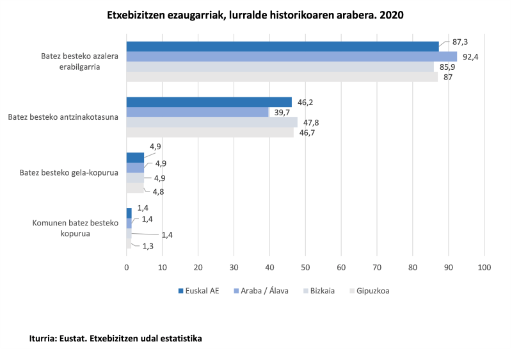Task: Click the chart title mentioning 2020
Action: click(255, 13)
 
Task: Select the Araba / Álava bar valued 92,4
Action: click(291, 56)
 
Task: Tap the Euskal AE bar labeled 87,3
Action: click(282, 46)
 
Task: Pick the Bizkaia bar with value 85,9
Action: click(280, 67)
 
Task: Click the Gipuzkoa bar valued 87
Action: click(282, 77)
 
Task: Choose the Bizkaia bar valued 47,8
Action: click(212, 122)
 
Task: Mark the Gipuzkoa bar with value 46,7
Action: click(210, 133)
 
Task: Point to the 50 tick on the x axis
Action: click(305, 266)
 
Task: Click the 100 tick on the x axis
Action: click(484, 266)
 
